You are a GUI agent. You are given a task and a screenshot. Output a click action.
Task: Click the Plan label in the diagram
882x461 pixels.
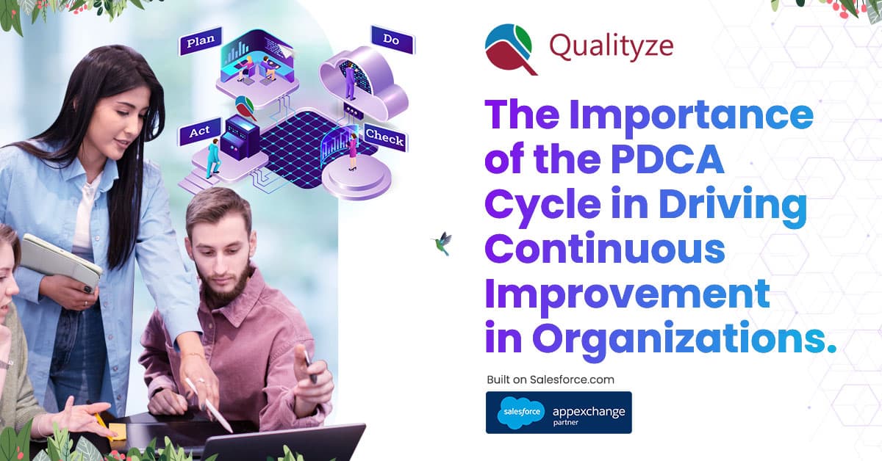click(x=200, y=42)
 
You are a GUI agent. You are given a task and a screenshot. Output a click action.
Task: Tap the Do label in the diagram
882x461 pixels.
click(x=392, y=41)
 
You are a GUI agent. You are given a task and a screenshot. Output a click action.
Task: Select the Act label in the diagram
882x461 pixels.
click(x=199, y=131)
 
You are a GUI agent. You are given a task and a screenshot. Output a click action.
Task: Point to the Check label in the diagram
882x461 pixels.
click(x=384, y=136)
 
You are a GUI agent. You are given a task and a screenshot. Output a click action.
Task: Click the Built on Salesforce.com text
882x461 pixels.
click(x=550, y=380)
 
